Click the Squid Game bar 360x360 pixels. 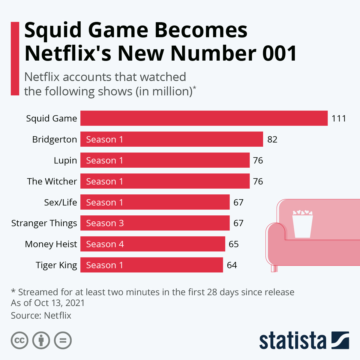click(x=204, y=118)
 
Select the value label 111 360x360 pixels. click(x=339, y=118)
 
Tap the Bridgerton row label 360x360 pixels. click(x=55, y=139)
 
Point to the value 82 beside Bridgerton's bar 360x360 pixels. click(x=272, y=139)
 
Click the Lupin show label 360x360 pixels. click(x=65, y=160)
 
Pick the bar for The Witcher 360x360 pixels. click(x=165, y=181)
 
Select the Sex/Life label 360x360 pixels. click(x=61, y=202)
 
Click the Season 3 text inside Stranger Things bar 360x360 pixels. click(x=105, y=223)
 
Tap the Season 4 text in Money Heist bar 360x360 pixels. click(x=105, y=244)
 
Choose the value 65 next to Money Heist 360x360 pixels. click(x=233, y=244)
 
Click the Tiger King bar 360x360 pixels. click(x=151, y=265)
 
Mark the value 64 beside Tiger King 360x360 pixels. click(x=232, y=265)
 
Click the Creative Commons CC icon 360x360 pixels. click(x=19, y=340)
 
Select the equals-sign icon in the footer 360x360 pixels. click(x=63, y=340)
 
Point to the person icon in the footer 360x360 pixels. click(x=41, y=340)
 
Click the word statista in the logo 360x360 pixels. click(x=292, y=341)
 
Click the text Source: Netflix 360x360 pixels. click(x=41, y=316)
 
